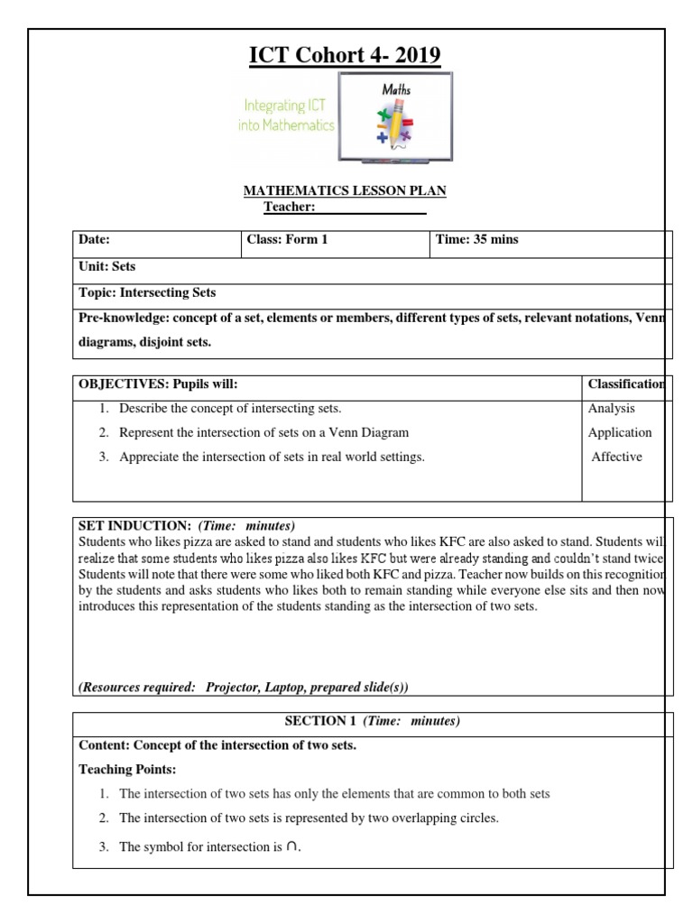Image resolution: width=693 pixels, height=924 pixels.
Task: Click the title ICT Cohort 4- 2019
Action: (x=346, y=57)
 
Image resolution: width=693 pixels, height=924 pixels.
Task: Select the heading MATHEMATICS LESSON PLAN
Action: (x=346, y=190)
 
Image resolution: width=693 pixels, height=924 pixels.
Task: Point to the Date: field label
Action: (x=94, y=240)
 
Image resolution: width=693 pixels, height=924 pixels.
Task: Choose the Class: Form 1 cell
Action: (x=287, y=240)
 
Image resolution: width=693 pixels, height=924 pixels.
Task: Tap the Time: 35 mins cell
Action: (x=477, y=240)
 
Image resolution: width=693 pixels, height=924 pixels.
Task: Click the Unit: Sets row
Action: (x=107, y=267)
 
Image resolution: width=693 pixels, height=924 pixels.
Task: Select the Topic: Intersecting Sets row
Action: (x=147, y=293)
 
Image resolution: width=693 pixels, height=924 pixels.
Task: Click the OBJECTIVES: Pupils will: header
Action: (x=158, y=384)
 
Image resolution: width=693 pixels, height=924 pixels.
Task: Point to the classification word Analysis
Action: (x=612, y=409)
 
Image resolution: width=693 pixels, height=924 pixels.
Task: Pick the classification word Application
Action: (x=620, y=433)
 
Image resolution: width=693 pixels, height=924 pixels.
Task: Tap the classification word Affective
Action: (x=617, y=457)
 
